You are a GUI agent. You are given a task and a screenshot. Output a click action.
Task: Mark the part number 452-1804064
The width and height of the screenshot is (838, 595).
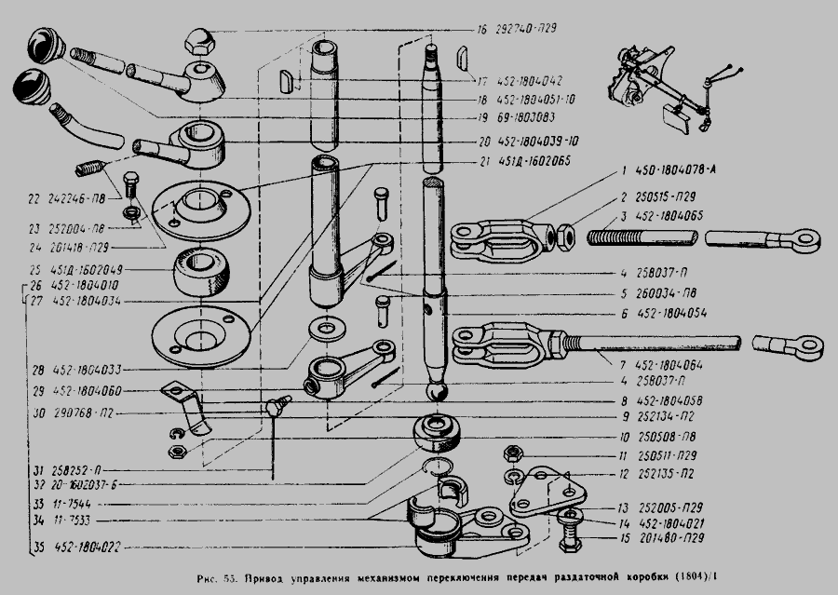coord(681,363)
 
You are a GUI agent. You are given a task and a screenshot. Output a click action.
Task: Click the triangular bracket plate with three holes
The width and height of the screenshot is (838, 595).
coord(545,494)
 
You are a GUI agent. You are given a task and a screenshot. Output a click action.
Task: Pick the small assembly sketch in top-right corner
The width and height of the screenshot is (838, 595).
coord(669,85)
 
